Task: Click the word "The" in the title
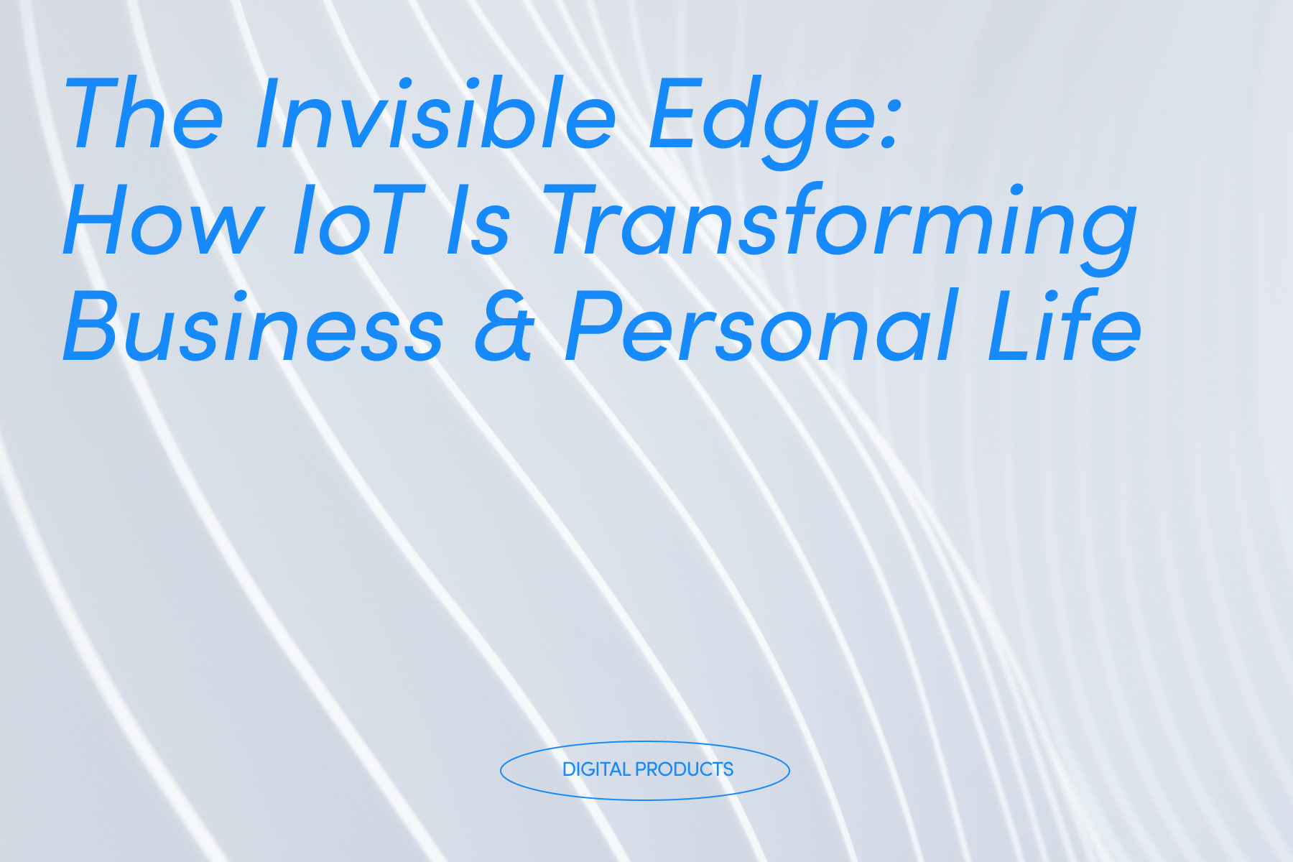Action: pos(144,115)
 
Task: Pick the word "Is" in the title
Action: pos(478,220)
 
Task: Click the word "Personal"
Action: pos(761,326)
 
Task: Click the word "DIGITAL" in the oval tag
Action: pos(596,769)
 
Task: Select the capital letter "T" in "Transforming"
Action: pos(575,220)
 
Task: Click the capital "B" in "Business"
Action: pos(90,326)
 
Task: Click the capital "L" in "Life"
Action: pos(1006,326)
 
